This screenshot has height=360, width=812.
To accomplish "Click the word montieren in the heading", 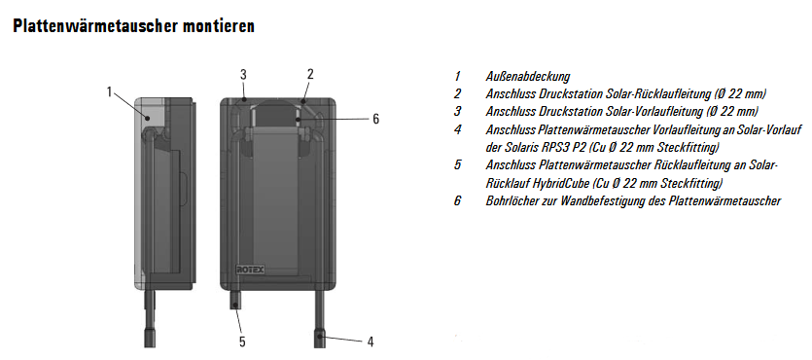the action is [x=219, y=26].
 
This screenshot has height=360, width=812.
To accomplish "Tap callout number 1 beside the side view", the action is [x=109, y=91].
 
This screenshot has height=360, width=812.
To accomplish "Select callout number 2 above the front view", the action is [x=310, y=74].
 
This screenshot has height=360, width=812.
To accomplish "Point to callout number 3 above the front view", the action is [x=243, y=74].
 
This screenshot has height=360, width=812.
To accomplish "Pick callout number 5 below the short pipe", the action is [x=242, y=342].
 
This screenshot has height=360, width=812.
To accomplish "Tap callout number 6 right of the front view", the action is [x=376, y=119].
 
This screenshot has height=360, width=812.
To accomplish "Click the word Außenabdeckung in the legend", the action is [x=527, y=77].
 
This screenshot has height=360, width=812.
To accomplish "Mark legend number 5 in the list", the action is [x=457, y=165].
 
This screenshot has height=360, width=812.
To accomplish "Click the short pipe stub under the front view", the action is [x=235, y=300].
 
